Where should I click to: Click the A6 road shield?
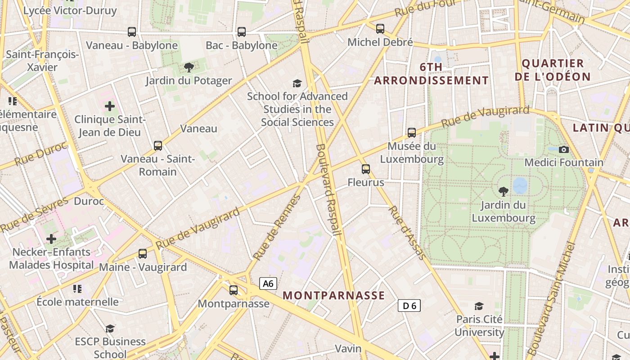(268, 283)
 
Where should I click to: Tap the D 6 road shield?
(409, 306)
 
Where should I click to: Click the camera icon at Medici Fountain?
(563, 149)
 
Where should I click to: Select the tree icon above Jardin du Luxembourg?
(504, 192)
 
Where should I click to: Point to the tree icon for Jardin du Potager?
(189, 67)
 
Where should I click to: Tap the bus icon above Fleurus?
(366, 169)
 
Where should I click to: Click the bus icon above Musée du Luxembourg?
(412, 133)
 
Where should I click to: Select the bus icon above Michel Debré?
(380, 29)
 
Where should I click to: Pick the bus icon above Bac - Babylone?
(242, 32)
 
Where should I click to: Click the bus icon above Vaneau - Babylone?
(132, 32)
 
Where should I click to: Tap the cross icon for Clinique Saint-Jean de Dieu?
(110, 107)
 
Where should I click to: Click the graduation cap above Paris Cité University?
(479, 306)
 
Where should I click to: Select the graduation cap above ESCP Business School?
(110, 328)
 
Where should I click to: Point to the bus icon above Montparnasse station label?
(234, 290)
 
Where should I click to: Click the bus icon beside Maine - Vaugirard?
(143, 254)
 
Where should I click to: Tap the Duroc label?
(89, 201)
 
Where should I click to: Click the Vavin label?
(348, 349)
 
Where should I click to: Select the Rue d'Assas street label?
(407, 233)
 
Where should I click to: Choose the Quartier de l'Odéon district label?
(553, 70)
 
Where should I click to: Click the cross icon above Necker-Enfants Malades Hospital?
(51, 238)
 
